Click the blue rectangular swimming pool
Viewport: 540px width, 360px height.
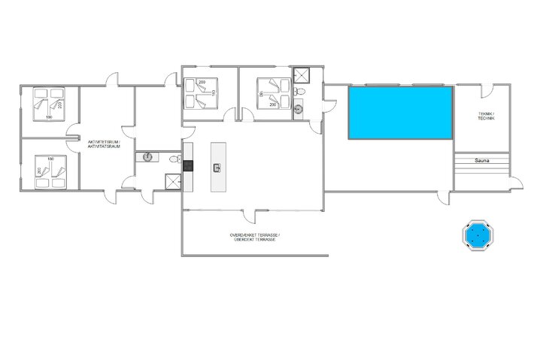point(399,112)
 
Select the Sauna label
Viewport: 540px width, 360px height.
point(482,160)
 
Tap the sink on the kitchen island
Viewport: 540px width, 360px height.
point(217,167)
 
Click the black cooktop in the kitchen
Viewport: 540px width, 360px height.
point(189,166)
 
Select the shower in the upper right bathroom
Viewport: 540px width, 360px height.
point(302,74)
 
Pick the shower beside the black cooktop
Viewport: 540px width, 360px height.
point(173,181)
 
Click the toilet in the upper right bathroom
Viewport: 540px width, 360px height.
point(301,92)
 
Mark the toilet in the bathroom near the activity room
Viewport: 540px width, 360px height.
point(174,159)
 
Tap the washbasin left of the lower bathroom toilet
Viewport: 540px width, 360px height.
point(147,157)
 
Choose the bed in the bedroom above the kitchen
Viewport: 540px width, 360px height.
point(204,92)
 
